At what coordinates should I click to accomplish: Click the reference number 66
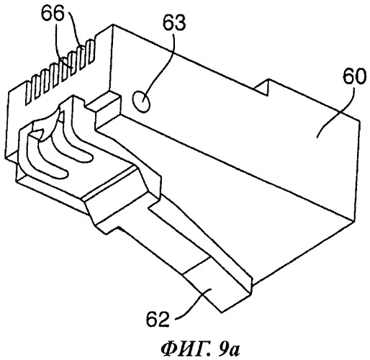click(x=53, y=14)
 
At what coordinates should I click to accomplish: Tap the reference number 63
click(x=174, y=23)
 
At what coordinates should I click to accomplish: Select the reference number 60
click(x=354, y=76)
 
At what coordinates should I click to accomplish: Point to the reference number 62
click(x=158, y=319)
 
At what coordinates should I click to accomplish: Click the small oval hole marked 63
click(x=142, y=102)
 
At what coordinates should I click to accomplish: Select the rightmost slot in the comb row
click(x=91, y=52)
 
